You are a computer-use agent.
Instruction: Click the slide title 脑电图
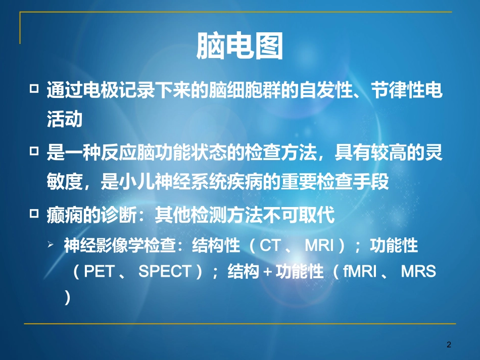click(239, 47)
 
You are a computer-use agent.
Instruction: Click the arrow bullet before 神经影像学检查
click(51, 244)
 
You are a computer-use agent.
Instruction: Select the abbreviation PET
click(99, 272)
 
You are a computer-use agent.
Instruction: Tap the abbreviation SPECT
click(164, 272)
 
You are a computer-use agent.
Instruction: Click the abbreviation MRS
click(418, 272)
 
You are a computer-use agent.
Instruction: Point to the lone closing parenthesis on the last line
click(68, 298)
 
